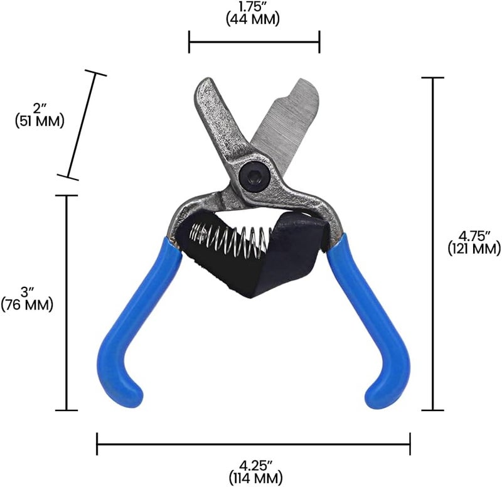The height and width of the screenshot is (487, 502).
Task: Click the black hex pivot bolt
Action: point(255,176)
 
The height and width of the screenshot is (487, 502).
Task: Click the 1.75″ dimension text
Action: point(253,7)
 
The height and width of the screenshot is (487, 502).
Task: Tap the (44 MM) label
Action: point(253,19)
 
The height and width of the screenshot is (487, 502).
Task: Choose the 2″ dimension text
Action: point(40,109)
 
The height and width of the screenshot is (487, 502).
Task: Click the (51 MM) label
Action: point(40,122)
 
